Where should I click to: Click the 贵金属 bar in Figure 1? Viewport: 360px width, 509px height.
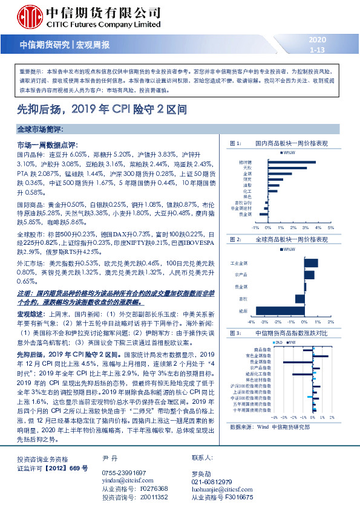(x=263, y=213)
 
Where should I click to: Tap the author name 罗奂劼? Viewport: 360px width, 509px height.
(x=201, y=465)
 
